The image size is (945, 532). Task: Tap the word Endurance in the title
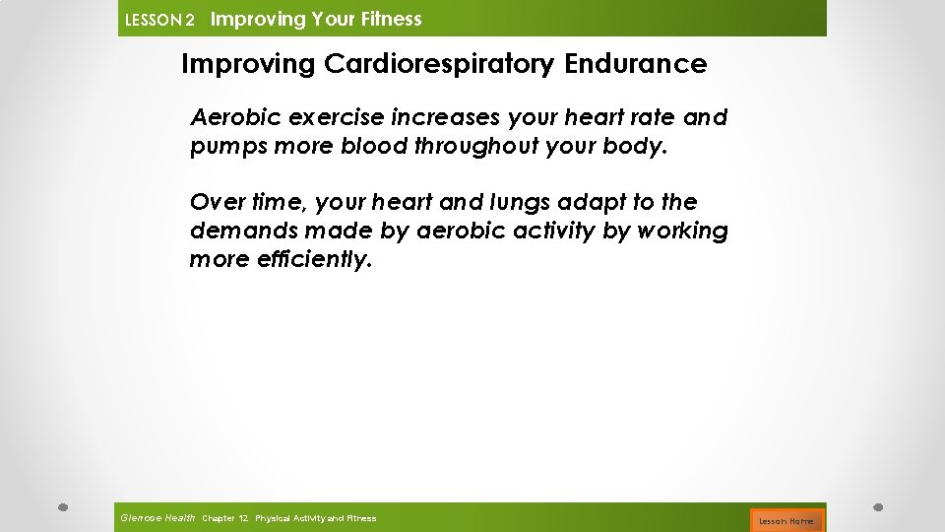[x=636, y=64]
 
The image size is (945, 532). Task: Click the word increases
[x=446, y=118]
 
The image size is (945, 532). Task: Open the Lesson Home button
[x=787, y=519]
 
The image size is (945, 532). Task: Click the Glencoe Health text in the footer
[x=157, y=517]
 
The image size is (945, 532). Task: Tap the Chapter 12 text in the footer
[x=224, y=518]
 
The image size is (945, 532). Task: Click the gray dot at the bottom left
[x=61, y=507]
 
